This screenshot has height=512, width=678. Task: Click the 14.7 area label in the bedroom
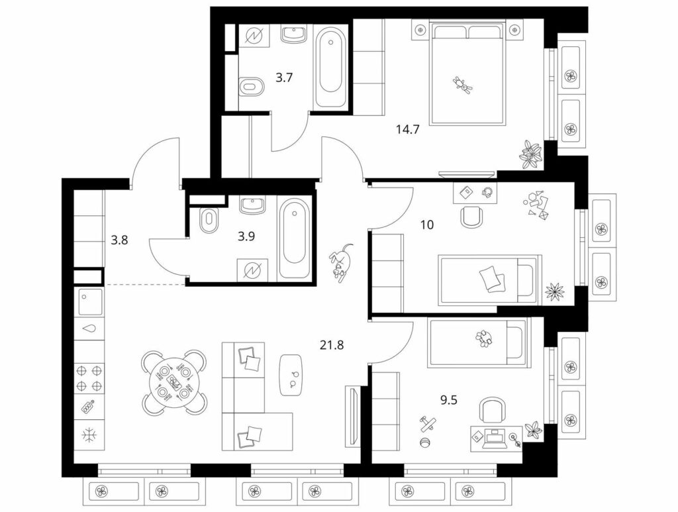point(408,129)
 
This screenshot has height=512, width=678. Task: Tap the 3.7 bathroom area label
point(284,78)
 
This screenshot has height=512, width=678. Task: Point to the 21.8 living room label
point(332,345)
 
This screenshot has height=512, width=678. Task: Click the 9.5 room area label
point(448,401)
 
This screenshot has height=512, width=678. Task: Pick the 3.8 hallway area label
point(119,240)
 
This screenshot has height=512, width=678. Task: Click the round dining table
point(175,382)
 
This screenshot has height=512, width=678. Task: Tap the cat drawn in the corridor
point(342,262)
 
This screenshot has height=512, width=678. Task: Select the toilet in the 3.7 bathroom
point(251,87)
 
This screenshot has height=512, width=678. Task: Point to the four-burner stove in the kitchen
point(89,378)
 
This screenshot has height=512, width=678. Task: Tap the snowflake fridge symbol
point(89,435)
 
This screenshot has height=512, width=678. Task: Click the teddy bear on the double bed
point(463,84)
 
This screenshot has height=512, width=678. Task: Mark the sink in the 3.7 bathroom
point(293,34)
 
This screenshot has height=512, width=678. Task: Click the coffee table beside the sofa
point(291,375)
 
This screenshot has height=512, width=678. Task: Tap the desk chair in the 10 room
point(471,217)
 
